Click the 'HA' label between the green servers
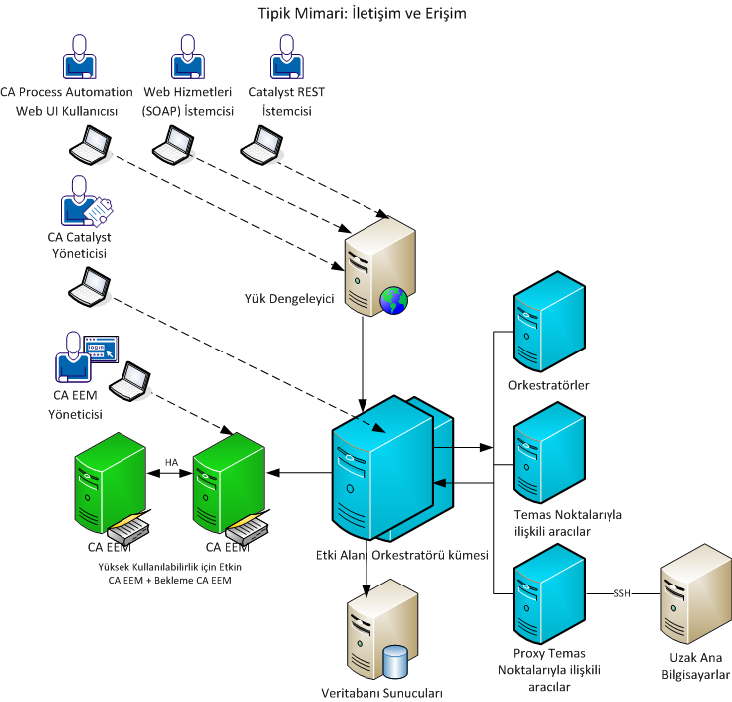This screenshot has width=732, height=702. [171, 461]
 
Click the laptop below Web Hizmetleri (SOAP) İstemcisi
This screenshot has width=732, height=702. [171, 148]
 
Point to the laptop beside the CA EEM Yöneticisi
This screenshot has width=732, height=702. [128, 379]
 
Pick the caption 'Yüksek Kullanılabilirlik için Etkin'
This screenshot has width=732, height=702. [170, 567]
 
